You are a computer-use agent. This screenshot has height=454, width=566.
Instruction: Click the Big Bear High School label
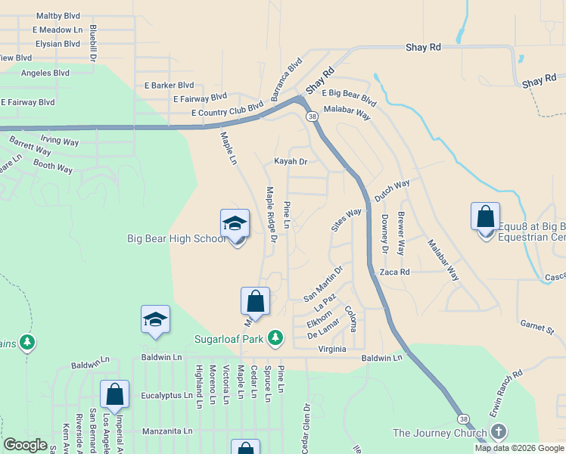(176, 239)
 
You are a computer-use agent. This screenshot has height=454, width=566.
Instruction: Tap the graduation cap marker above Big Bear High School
(235, 225)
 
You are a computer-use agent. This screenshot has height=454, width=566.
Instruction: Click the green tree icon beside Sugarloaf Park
(277, 337)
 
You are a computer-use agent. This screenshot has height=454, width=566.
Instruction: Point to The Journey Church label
(439, 433)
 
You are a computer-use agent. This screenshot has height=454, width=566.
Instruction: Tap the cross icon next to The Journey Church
(498, 433)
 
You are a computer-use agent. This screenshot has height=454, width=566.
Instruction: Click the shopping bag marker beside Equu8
(485, 218)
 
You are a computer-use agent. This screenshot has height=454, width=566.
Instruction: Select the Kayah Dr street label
(291, 161)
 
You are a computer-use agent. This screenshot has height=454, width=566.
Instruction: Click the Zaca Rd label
(394, 272)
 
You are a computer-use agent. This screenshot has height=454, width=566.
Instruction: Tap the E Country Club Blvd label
(220, 113)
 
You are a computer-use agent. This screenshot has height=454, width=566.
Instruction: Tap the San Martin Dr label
(324, 281)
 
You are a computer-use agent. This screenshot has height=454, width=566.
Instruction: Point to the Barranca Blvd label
(287, 79)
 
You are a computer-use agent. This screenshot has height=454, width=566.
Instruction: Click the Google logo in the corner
(26, 445)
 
